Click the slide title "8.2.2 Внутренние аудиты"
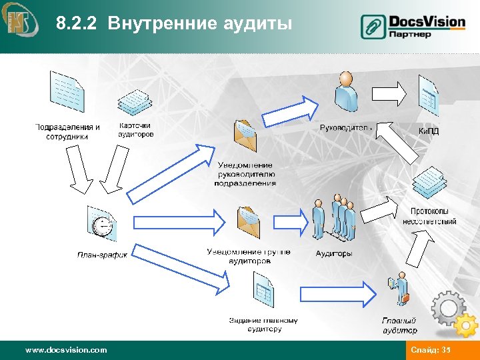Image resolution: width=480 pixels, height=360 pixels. click(x=175, y=25)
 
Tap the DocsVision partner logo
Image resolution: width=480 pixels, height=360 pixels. click(x=413, y=27)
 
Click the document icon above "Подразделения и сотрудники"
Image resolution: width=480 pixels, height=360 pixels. click(x=67, y=91)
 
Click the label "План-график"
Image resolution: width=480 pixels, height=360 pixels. click(x=102, y=254)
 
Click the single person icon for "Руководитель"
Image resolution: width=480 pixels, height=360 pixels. click(x=345, y=93)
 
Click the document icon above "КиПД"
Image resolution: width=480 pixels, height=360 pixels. click(x=428, y=97)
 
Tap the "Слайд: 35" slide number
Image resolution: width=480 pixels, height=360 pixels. click(x=431, y=350)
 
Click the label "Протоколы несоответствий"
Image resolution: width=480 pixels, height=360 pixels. click(x=429, y=217)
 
